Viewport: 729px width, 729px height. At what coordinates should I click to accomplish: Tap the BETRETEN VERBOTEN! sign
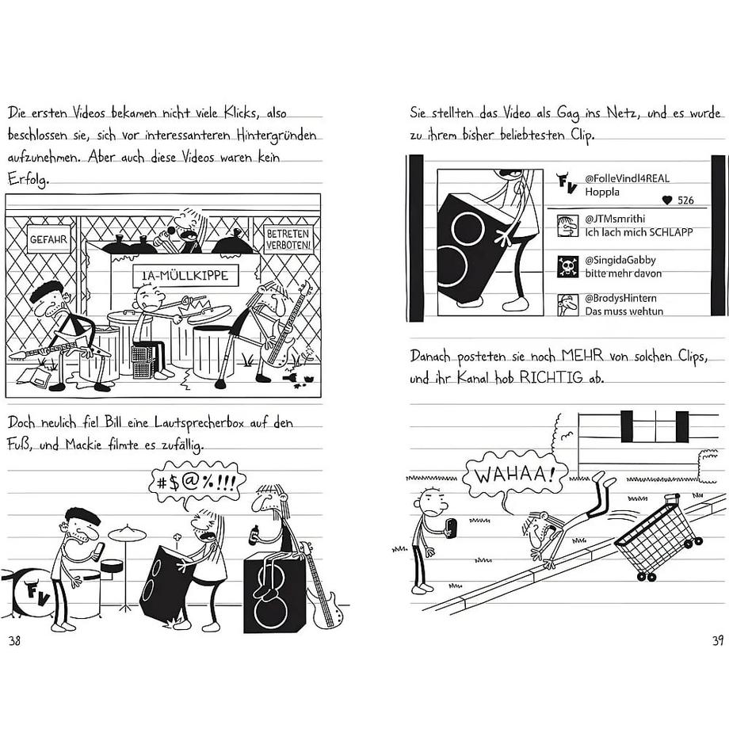pyautogui.click(x=289, y=239)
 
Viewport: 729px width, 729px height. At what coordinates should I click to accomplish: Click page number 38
pyautogui.click(x=14, y=640)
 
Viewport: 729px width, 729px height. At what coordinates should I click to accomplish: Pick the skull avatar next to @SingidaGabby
pyautogui.click(x=567, y=265)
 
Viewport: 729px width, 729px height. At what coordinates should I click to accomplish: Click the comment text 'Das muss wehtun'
pyautogui.click(x=624, y=311)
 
